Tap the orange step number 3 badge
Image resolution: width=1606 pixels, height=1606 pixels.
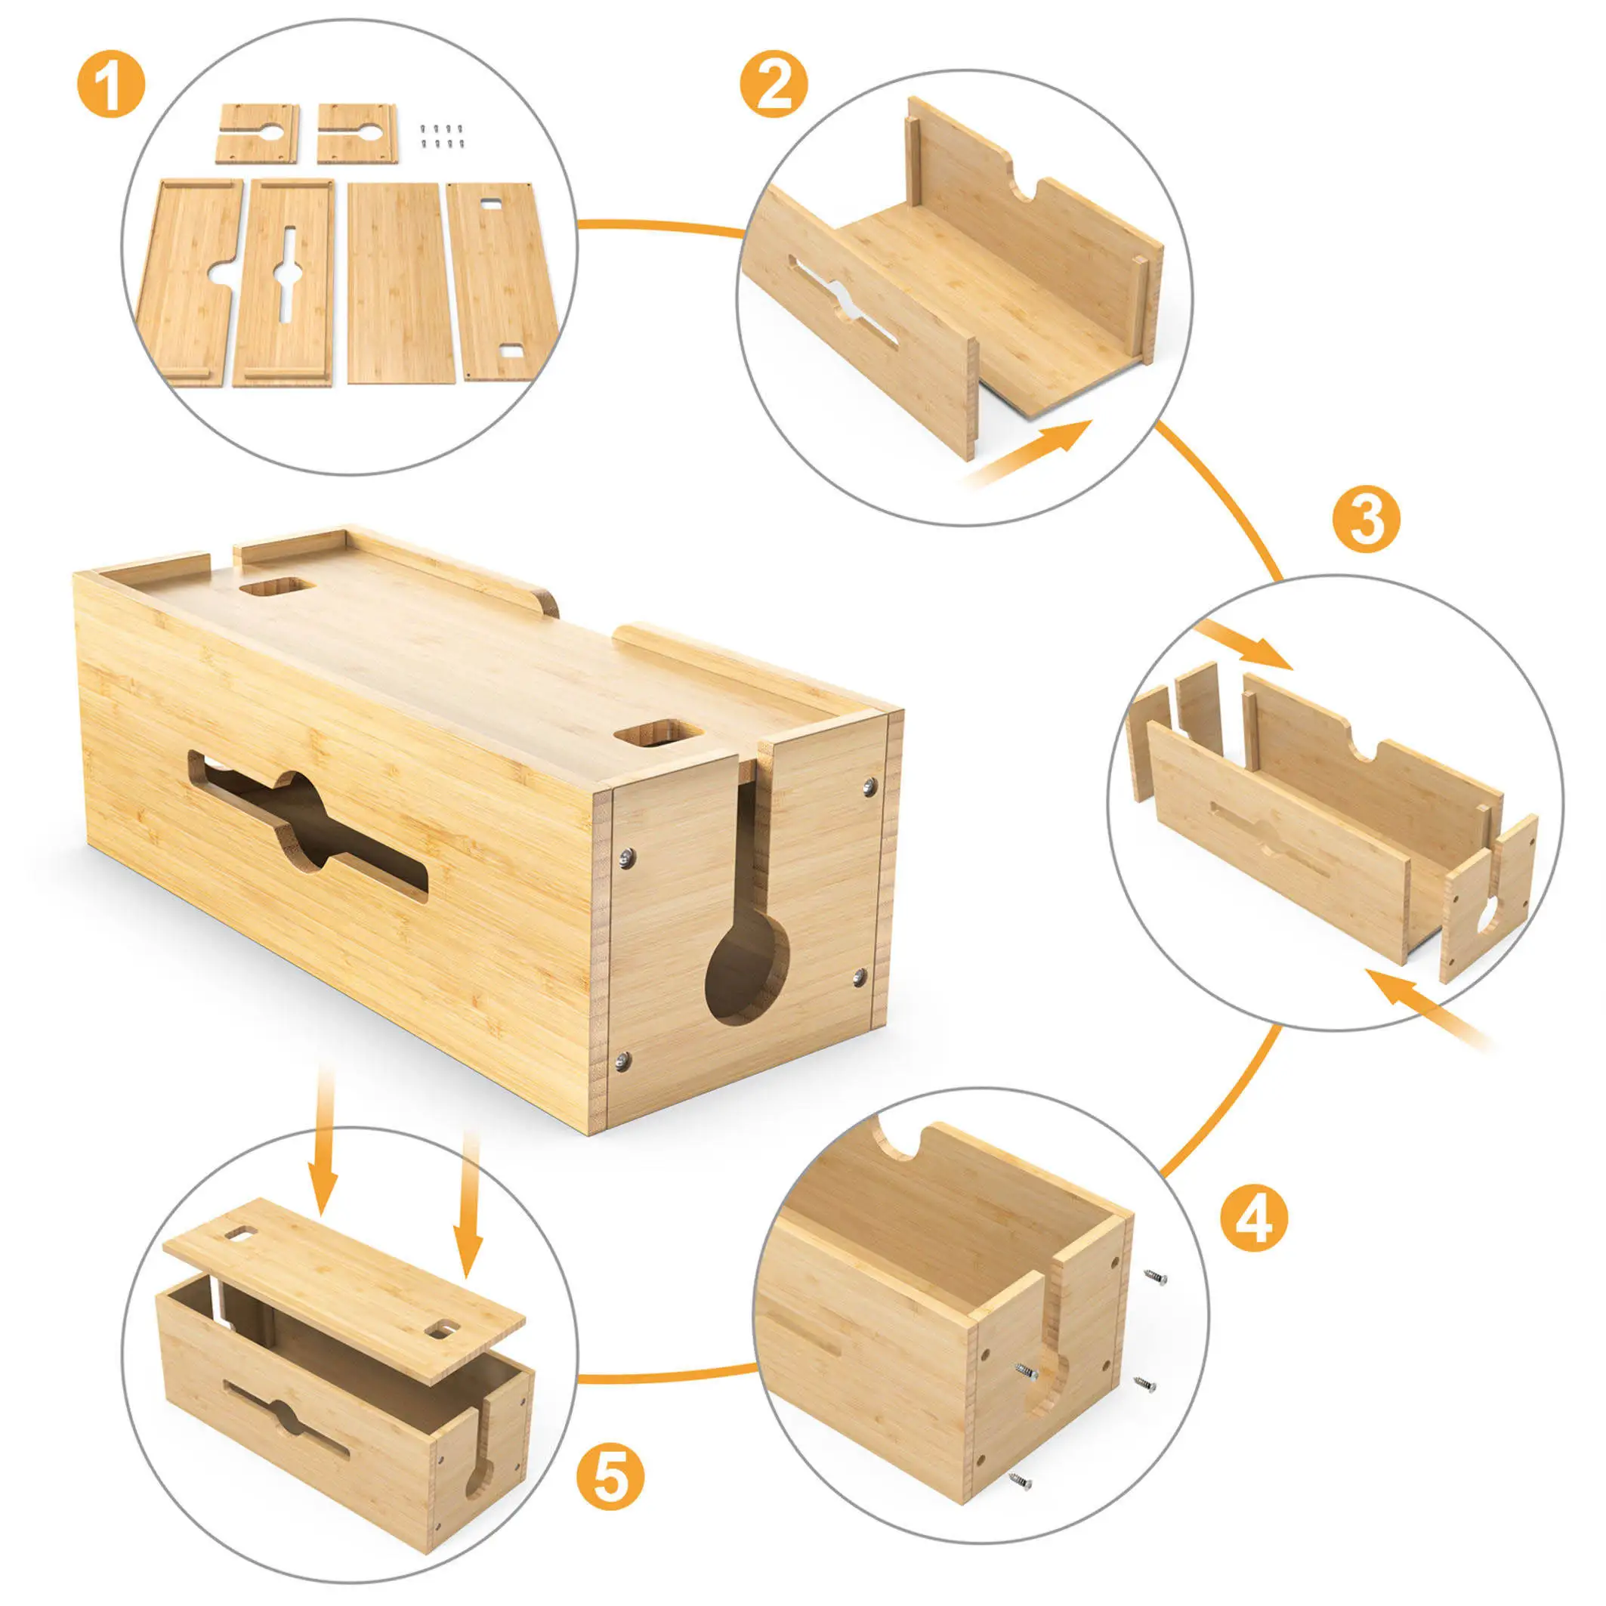coord(1366,519)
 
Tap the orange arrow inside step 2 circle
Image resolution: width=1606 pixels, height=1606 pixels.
coord(1031,452)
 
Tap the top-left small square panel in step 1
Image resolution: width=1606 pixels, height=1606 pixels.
coord(257,133)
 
